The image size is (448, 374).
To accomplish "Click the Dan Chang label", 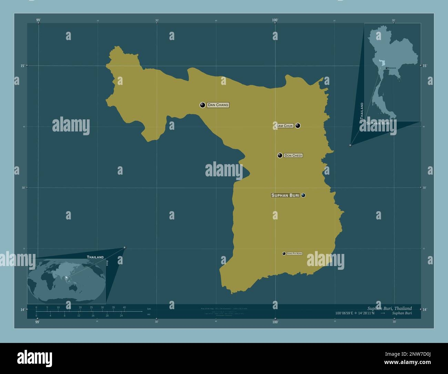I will [218, 105].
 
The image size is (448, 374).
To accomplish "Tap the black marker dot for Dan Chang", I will [203, 105].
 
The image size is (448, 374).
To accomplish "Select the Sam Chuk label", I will [284, 126].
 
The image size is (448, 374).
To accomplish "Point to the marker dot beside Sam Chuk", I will [298, 126].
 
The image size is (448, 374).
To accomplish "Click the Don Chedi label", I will [293, 156].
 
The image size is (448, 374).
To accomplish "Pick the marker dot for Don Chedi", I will [280, 156].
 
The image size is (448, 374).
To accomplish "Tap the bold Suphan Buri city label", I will [285, 195].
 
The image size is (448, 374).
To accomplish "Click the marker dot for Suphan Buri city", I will [303, 195].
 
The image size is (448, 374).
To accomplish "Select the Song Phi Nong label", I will [294, 254].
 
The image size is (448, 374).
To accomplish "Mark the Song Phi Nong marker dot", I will [284, 254].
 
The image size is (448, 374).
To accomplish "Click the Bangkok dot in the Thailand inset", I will [387, 68].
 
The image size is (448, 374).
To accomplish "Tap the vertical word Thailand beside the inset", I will [362, 111].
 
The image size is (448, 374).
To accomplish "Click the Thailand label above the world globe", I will [95, 257].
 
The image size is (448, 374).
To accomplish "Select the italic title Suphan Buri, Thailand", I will [389, 308].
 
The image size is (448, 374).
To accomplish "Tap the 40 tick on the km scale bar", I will [124, 307].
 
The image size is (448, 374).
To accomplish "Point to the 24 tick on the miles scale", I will [121, 316].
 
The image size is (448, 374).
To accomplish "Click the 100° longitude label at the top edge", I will [275, 20].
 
